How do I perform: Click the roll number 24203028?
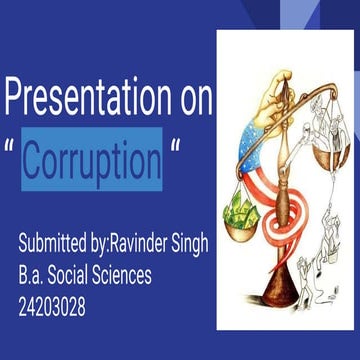click(x=52, y=308)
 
